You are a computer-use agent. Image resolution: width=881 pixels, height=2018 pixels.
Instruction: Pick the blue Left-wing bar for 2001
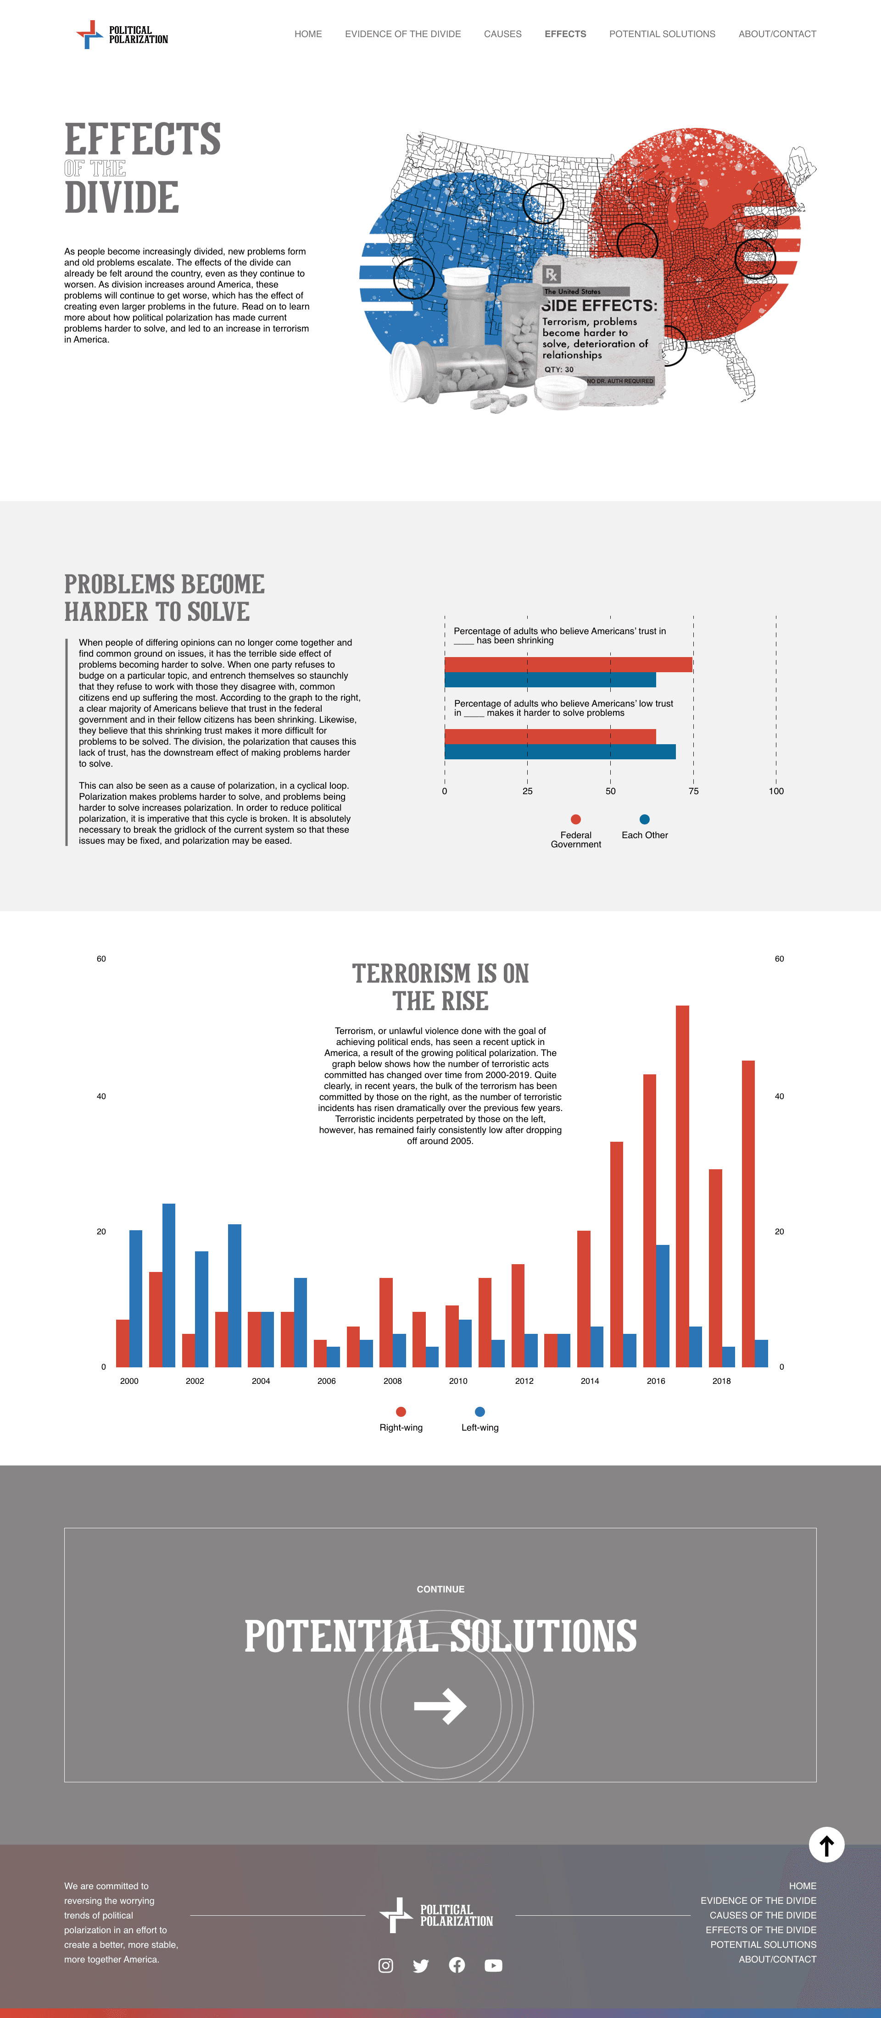point(168,1285)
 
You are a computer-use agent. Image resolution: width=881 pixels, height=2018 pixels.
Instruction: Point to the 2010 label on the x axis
point(458,1381)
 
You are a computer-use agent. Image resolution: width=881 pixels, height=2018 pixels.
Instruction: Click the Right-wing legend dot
point(401,1412)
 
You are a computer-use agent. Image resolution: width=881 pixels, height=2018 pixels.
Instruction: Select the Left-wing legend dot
point(480,1412)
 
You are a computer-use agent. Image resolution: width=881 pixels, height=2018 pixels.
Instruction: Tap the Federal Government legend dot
point(576,819)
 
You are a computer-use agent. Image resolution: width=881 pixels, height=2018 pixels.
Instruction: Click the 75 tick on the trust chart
point(694,791)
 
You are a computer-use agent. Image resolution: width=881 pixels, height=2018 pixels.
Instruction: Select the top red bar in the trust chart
point(568,665)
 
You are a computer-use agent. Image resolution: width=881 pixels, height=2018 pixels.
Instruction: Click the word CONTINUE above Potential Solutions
point(440,1589)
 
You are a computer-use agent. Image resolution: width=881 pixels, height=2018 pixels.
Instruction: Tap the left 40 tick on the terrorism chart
point(101,1096)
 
